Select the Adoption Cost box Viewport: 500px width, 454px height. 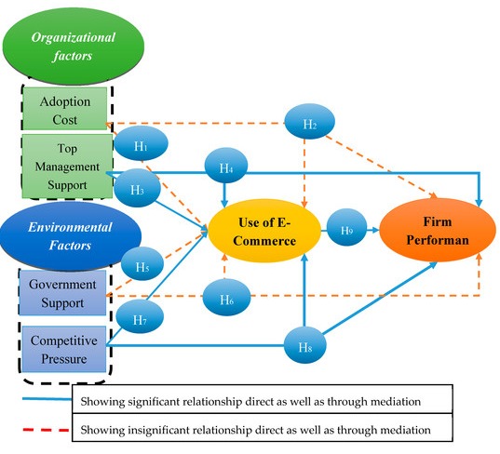click(x=64, y=109)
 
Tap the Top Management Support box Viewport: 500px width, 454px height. click(x=63, y=164)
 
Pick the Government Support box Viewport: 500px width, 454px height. click(x=64, y=292)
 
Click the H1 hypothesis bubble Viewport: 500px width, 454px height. click(x=141, y=145)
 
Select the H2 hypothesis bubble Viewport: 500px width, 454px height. click(x=311, y=123)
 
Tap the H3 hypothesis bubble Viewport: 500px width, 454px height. click(x=137, y=189)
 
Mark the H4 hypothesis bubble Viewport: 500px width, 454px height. click(x=226, y=167)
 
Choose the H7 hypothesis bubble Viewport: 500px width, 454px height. click(x=140, y=319)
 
